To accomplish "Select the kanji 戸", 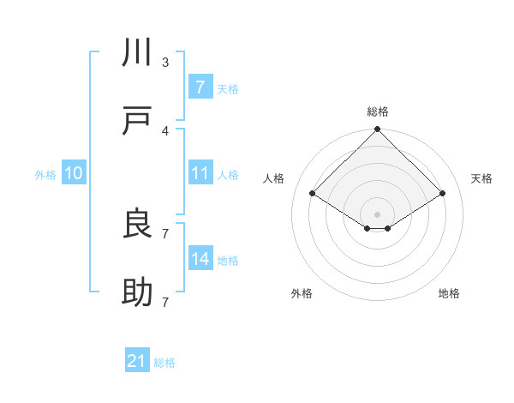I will coord(138,123).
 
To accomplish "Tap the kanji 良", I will coord(138,225).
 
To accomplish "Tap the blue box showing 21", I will coord(137,361).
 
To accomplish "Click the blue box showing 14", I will coord(200,259).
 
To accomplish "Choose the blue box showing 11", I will coord(200,173).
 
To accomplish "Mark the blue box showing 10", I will coord(74,173).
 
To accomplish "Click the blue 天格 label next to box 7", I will coord(228,88).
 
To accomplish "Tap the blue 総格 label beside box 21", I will coord(164,363).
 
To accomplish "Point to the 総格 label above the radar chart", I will coord(377,111).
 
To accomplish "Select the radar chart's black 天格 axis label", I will coord(482,178).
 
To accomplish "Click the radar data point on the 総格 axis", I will coord(377,130).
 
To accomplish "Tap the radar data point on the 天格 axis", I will coord(442,194).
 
